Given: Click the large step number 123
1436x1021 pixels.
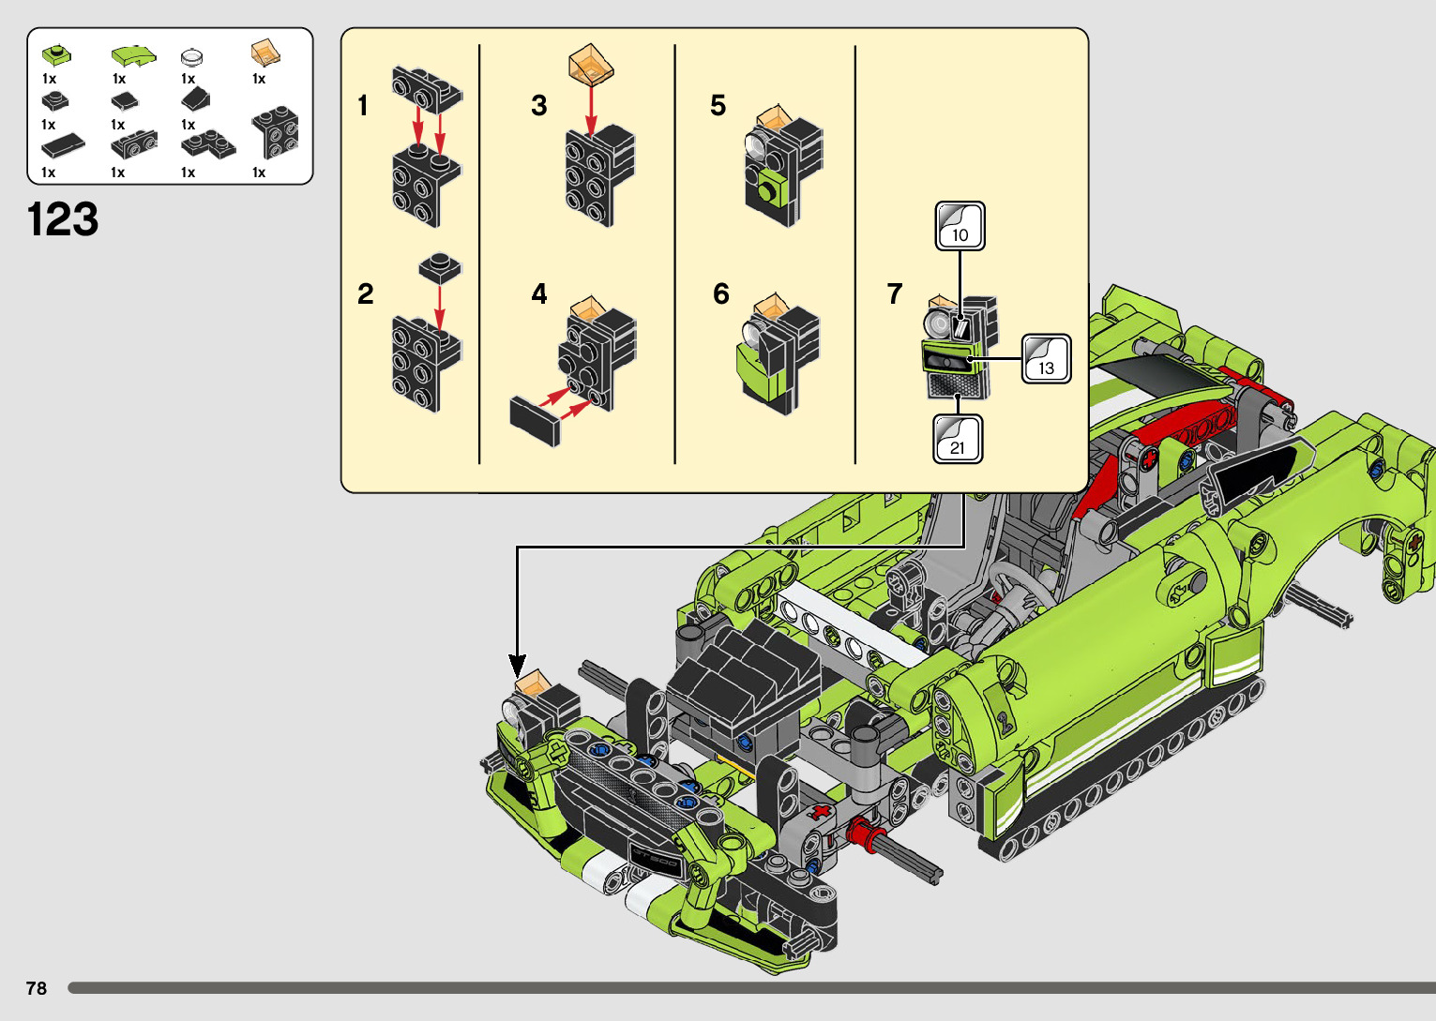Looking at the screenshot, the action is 63,219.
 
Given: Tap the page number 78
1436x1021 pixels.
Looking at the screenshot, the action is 37,987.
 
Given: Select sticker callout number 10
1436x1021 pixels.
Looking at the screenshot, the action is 960,226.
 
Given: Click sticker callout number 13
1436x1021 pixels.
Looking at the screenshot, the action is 1046,359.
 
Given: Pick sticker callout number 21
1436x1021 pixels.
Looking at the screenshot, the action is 958,439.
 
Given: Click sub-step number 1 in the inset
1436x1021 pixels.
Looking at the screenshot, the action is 363,106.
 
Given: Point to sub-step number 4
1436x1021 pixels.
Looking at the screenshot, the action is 539,293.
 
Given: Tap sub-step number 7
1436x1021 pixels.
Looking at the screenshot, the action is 895,293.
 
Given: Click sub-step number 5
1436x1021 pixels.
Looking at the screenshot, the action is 718,106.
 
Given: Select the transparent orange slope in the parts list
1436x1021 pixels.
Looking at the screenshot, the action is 265,53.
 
